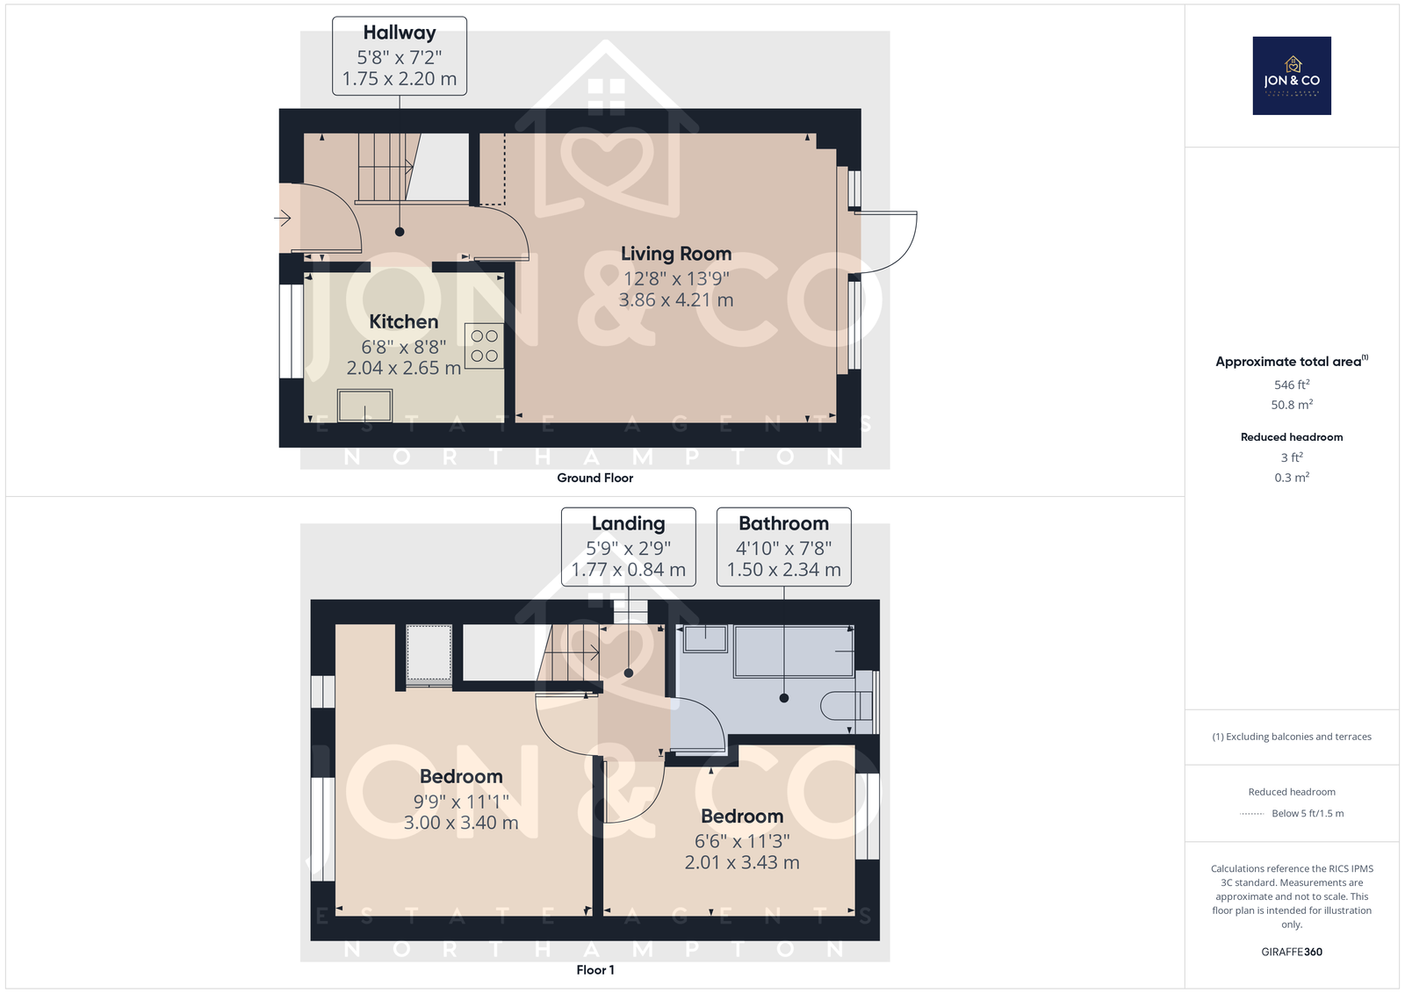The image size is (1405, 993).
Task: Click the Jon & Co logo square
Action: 1292,76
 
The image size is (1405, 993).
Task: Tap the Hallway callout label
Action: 400,56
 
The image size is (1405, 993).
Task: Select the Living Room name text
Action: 676,254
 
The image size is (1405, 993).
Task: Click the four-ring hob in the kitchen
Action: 484,346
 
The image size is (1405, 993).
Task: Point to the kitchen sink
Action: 365,406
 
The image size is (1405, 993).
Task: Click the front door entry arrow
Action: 282,219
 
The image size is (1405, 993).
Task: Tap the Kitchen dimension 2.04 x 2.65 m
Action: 403,368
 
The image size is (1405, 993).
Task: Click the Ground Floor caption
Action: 595,478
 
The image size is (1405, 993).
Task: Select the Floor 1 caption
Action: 595,970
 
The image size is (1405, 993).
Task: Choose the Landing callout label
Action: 629,547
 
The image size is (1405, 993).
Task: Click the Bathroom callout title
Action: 783,523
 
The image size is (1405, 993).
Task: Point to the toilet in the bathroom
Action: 847,706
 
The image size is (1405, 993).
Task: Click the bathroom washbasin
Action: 706,638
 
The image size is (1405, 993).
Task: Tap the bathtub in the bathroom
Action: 794,651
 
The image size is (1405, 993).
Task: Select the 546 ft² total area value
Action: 1292,385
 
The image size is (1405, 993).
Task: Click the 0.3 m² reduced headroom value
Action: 1292,478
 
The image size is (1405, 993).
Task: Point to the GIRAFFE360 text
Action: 1292,952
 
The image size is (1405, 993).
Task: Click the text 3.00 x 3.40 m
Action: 461,823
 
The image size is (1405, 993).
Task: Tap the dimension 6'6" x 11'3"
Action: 742,840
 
